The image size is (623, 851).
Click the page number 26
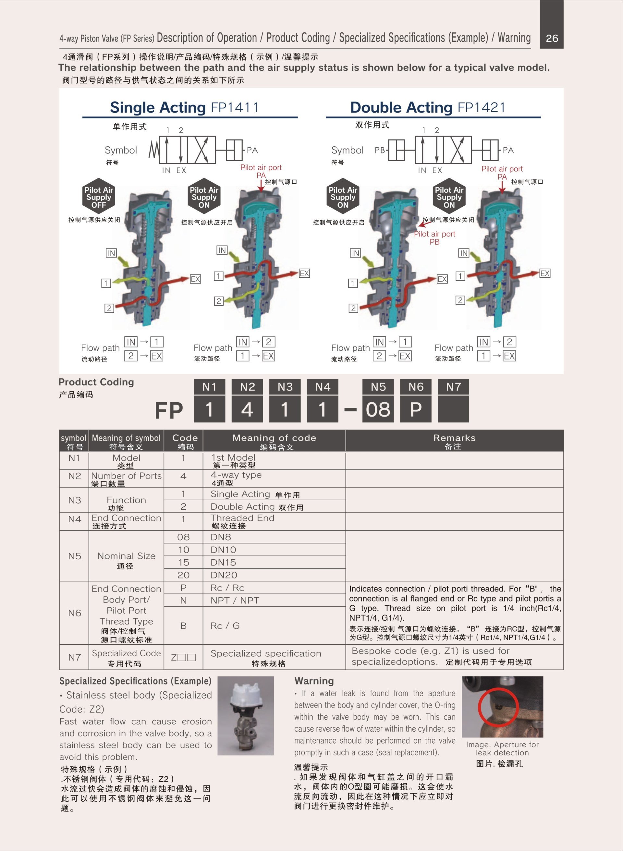[552, 38]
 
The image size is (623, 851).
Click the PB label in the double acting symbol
[379, 150]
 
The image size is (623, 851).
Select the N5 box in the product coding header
[378, 387]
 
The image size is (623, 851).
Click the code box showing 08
[378, 409]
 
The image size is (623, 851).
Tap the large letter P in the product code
[416, 409]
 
